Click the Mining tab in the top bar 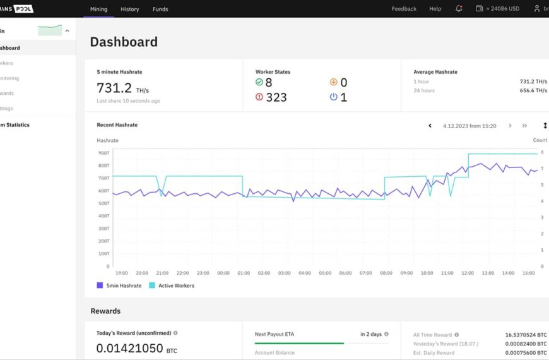pos(98,9)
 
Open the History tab pos(130,9)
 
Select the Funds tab pos(160,9)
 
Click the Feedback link pos(404,9)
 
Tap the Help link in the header pos(435,9)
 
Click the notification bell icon pos(459,9)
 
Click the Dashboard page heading pos(124,42)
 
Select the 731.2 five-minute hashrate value pos(114,88)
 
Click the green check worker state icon pos(259,82)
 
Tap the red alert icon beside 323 pos(259,97)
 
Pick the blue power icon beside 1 pos(334,97)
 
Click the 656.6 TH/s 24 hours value pos(533,90)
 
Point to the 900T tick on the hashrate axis pos(103,153)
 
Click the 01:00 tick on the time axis pos(244,273)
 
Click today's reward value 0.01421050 pos(130,347)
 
